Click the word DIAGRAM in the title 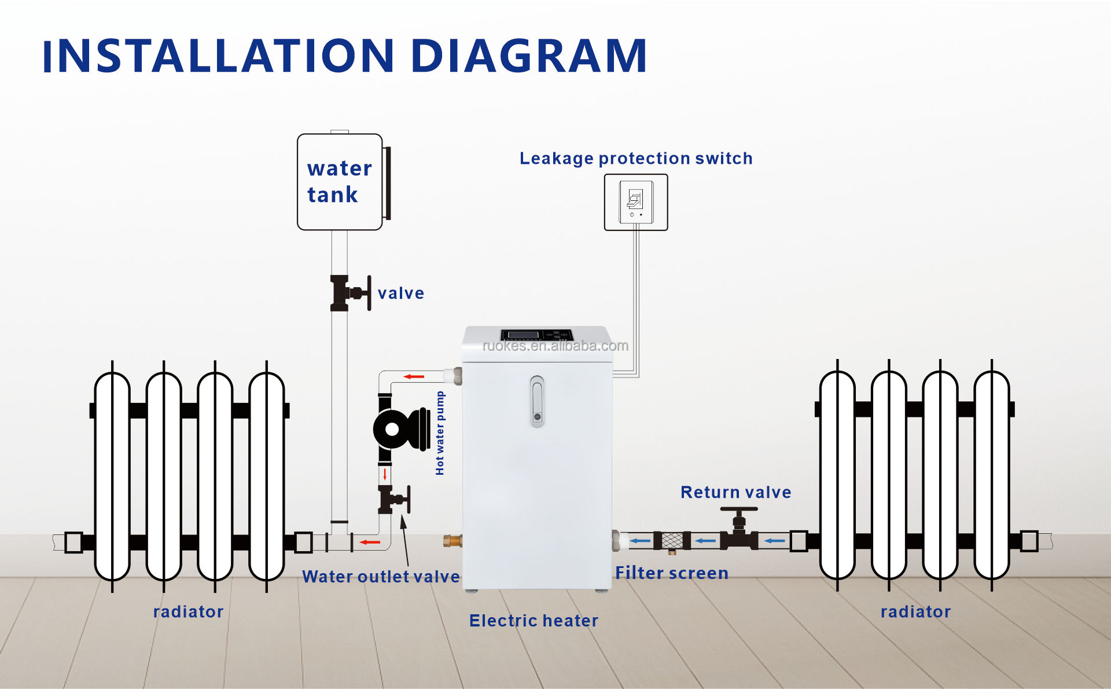[x=528, y=56]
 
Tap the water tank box [x=340, y=182]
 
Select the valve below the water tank [x=349, y=293]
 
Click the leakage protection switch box [x=636, y=202]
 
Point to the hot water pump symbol [x=399, y=429]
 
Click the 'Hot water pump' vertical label [x=440, y=433]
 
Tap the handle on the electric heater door [x=537, y=401]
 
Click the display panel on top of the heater [x=536, y=335]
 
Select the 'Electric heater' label [x=534, y=621]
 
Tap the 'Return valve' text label [x=735, y=492]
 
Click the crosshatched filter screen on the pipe [x=672, y=541]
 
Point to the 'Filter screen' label [x=671, y=573]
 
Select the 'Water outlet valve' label [x=381, y=577]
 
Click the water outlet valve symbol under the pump [x=393, y=500]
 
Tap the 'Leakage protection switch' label [x=636, y=158]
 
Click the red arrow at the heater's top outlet [x=414, y=377]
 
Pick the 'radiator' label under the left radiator [x=188, y=611]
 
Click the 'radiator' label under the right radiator [x=915, y=611]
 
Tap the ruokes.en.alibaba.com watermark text [x=555, y=346]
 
